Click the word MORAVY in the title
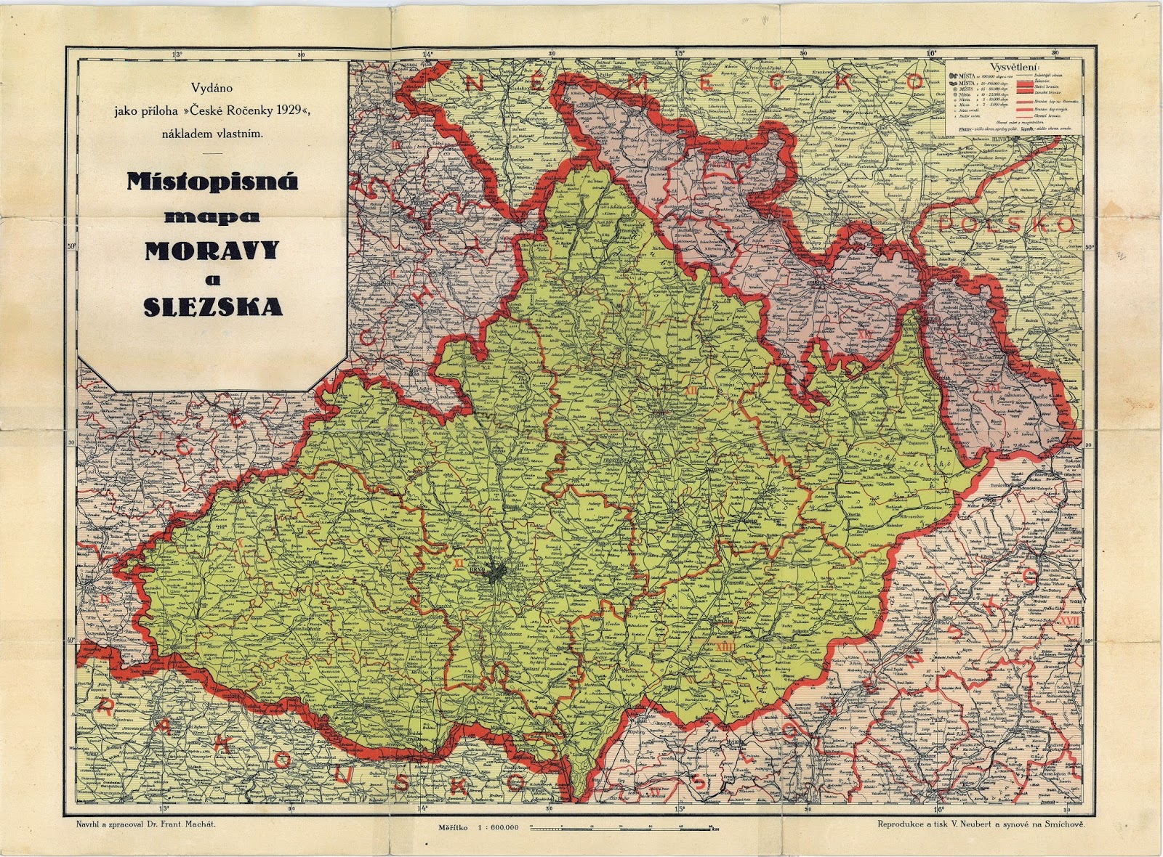(x=212, y=251)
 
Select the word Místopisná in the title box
(x=212, y=181)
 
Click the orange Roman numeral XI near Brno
(x=458, y=562)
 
